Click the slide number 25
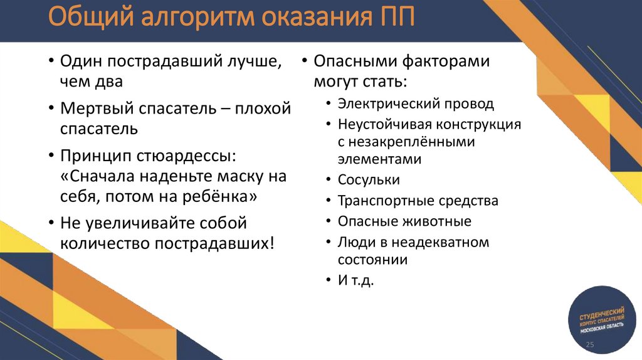589,346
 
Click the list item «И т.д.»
355,280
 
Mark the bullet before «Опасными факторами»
303,62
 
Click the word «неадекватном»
443,242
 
